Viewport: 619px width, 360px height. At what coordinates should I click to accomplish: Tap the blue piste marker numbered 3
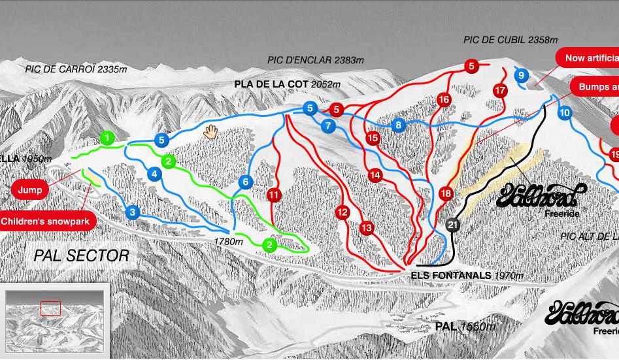(x=133, y=212)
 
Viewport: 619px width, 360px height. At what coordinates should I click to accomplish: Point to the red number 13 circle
(x=366, y=227)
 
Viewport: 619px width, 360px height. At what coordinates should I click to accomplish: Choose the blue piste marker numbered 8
(x=397, y=125)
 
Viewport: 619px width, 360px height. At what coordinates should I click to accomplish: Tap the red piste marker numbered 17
(x=501, y=90)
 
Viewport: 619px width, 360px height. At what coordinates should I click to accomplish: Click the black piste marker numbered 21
(x=453, y=225)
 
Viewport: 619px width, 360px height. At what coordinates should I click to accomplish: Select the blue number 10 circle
(x=565, y=113)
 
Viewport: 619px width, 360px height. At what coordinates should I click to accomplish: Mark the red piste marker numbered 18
(x=446, y=193)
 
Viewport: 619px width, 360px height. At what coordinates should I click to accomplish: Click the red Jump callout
(x=30, y=190)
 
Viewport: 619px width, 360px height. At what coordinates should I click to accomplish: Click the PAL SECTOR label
(x=82, y=255)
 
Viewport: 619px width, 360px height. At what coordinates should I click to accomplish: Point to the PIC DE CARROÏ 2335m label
(x=76, y=69)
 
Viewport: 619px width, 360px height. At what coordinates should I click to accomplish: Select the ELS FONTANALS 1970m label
(x=467, y=276)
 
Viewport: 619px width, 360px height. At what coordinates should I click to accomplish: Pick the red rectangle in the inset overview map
(x=50, y=308)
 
